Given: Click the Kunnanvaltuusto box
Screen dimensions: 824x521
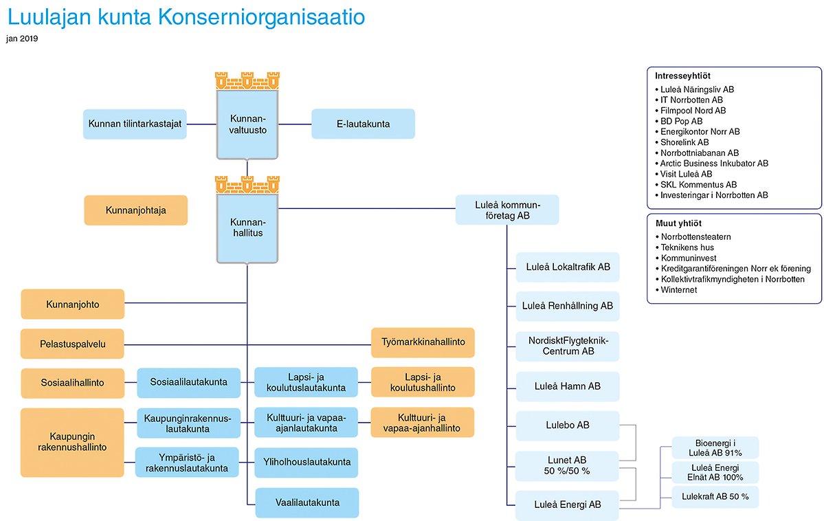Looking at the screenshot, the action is pyautogui.click(x=247, y=124).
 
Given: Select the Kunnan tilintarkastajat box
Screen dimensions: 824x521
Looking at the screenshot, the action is pyautogui.click(x=135, y=124).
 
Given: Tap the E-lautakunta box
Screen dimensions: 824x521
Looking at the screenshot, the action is pyautogui.click(x=363, y=124).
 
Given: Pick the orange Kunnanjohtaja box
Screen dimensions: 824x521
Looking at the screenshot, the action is pyautogui.click(x=135, y=210).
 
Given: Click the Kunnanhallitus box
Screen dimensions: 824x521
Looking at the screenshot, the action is pyautogui.click(x=247, y=228).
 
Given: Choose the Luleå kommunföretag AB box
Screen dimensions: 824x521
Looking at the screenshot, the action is pyautogui.click(x=507, y=210).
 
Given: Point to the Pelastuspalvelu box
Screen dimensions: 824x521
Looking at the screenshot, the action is pyautogui.click(x=73, y=344).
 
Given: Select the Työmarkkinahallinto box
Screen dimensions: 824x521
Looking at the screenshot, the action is pyautogui.click(x=423, y=342).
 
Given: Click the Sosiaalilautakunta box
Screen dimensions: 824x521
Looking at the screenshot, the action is pyautogui.click(x=189, y=382).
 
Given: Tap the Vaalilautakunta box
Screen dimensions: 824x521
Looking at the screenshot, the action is pyautogui.click(x=307, y=502).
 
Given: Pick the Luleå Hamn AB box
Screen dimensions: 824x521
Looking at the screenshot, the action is pyautogui.click(x=568, y=386).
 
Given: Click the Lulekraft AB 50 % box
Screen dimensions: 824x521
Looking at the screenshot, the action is pyautogui.click(x=715, y=497).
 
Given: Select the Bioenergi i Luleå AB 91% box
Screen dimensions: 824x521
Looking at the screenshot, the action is pyautogui.click(x=715, y=448).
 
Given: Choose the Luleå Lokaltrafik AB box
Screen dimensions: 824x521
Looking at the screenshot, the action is pyautogui.click(x=568, y=267).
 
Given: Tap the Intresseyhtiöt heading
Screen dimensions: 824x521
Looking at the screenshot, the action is pyautogui.click(x=682, y=76).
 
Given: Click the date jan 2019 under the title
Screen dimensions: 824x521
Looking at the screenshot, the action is pyautogui.click(x=22, y=38).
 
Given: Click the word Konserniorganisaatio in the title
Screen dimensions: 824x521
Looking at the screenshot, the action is pyautogui.click(x=261, y=17).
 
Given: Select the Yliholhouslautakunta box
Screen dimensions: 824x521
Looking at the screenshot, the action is pyautogui.click(x=307, y=462).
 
